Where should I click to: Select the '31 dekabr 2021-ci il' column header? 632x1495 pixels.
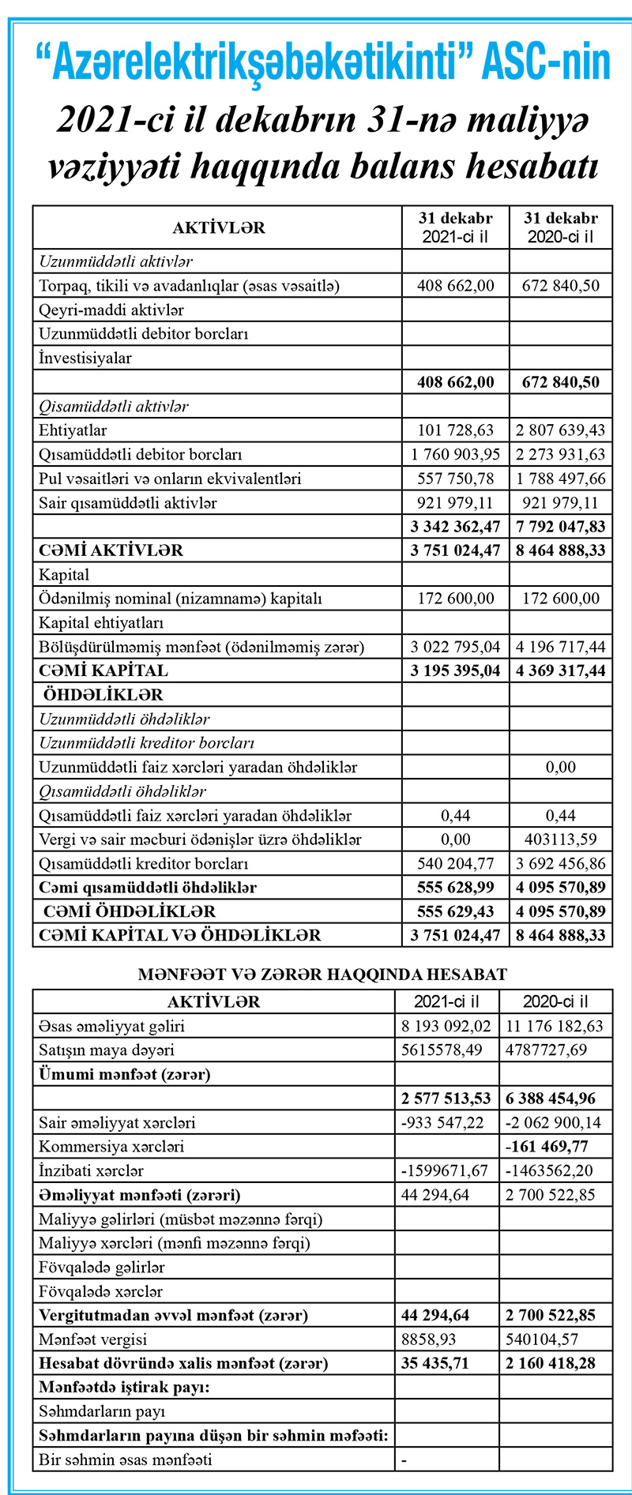point(455,227)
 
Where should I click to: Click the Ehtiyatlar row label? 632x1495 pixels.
point(73,430)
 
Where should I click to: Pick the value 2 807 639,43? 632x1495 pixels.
point(561,430)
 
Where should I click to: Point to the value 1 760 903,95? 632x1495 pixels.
point(455,455)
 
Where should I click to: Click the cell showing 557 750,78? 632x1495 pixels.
point(455,479)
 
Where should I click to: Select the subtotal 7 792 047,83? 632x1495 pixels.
point(561,527)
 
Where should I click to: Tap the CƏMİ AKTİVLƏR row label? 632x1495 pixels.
point(111,550)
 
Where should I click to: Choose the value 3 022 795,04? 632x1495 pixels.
point(455,647)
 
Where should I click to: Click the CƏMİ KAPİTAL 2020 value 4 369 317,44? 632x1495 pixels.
point(561,670)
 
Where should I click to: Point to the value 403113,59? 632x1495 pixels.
point(561,840)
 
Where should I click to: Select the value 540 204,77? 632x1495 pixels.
point(455,863)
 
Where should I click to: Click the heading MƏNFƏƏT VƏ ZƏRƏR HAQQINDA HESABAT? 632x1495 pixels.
point(322,975)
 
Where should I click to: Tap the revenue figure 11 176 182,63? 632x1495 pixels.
point(555,1027)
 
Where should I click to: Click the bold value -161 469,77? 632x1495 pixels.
point(555,1147)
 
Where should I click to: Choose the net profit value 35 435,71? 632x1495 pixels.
point(446,1363)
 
